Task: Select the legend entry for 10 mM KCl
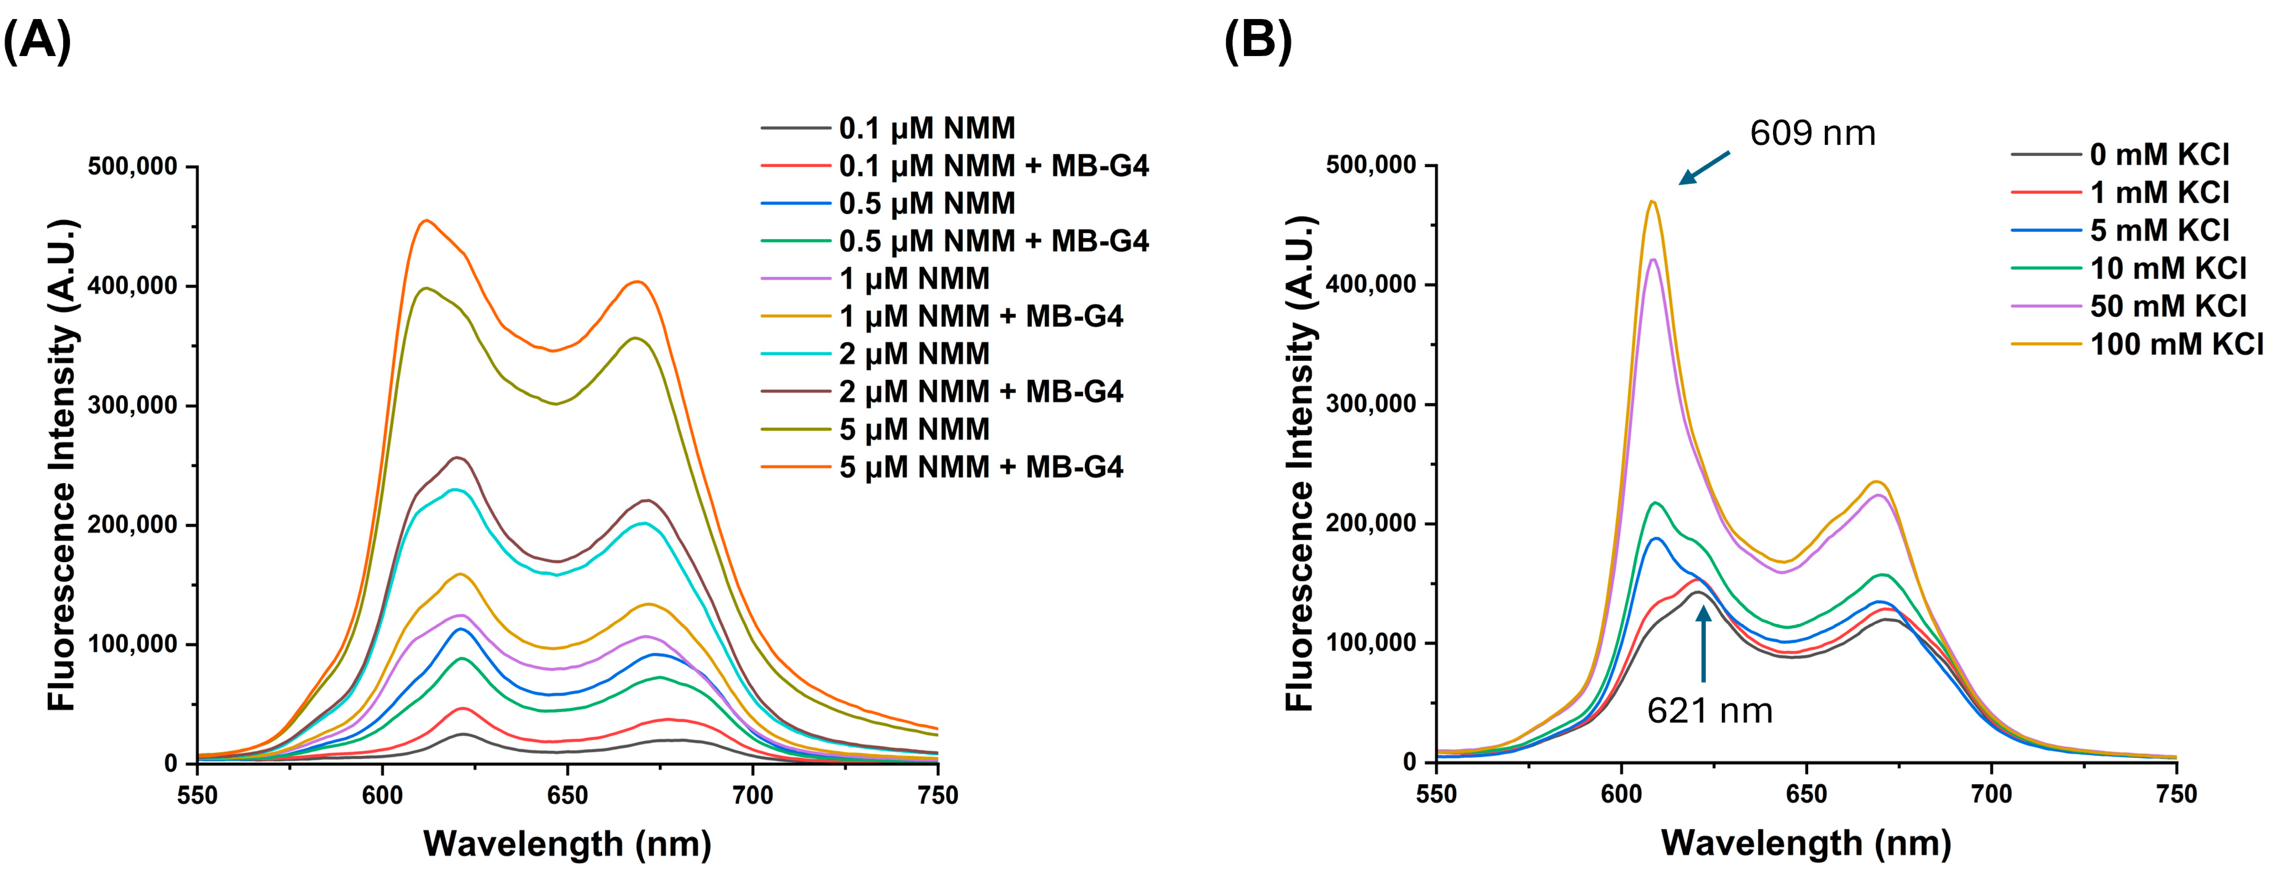coord(2168,269)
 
